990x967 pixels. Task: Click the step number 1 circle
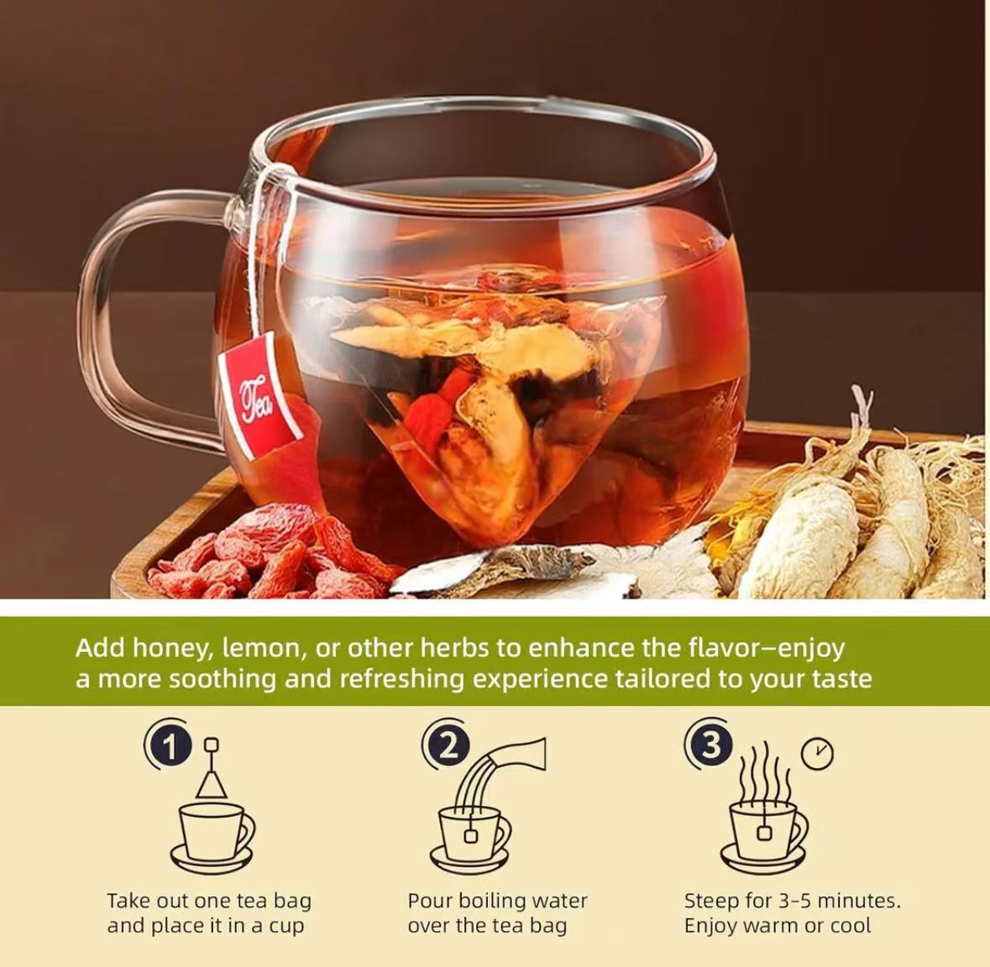click(170, 746)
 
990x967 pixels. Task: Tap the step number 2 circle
click(449, 746)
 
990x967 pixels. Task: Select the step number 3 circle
click(711, 745)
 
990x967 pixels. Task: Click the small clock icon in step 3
click(817, 754)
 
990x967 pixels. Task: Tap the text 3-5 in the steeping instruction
click(794, 901)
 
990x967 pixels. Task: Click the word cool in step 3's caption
click(850, 926)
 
